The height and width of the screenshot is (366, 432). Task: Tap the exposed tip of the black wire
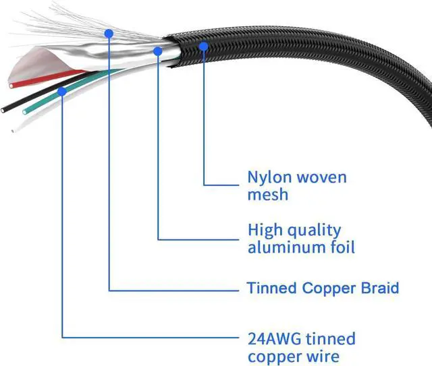click(5, 108)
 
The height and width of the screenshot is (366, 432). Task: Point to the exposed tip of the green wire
click(25, 111)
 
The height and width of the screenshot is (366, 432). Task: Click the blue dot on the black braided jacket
click(204, 45)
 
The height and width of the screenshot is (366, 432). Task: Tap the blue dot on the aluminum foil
click(157, 50)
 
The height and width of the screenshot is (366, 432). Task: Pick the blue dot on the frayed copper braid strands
click(109, 32)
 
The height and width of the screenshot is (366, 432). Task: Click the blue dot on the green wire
click(62, 90)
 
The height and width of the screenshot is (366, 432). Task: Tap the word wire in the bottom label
click(323, 357)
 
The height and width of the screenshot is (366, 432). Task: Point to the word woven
click(322, 178)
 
